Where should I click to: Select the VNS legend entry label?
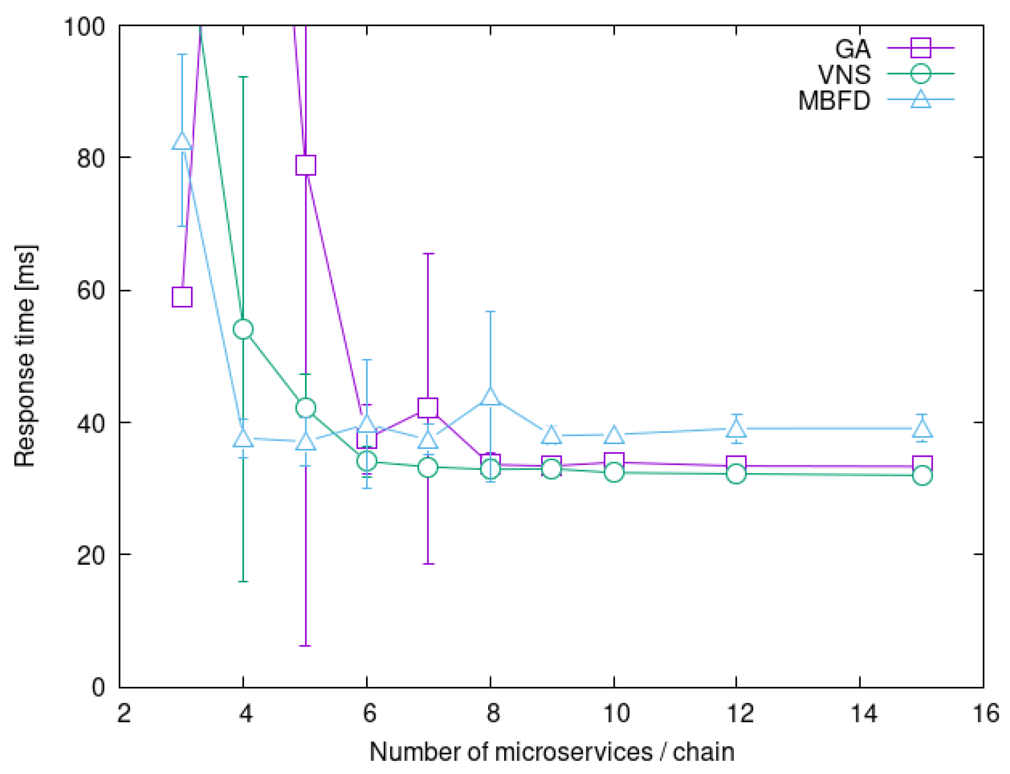point(843,74)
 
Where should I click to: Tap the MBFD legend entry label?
point(834,100)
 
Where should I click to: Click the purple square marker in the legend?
point(920,48)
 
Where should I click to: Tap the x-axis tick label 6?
point(369,714)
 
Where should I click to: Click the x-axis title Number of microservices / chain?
point(551,752)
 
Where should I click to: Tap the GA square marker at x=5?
point(306,165)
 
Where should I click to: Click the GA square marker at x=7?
point(428,407)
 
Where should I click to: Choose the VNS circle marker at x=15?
point(922,476)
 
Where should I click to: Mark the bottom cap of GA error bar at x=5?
point(306,646)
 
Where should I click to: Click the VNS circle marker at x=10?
point(614,472)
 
